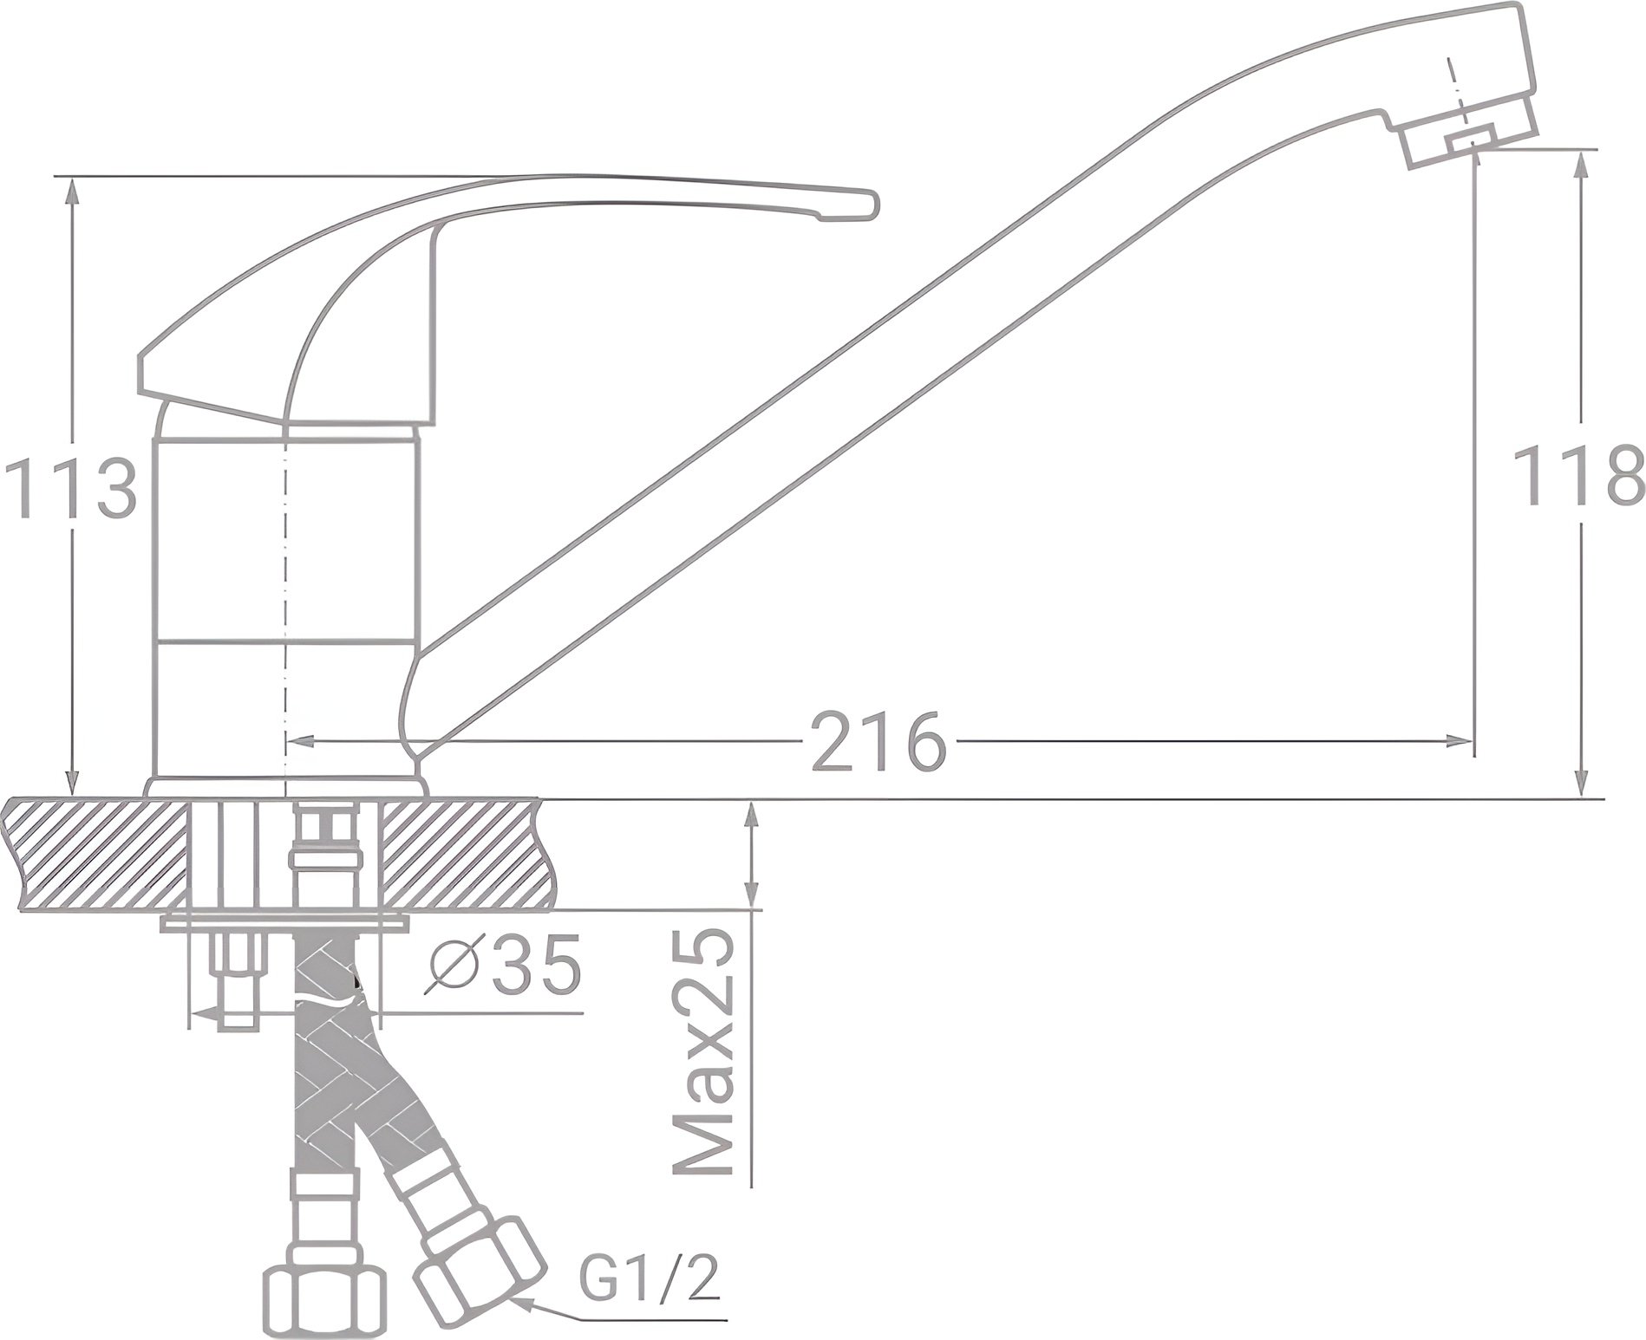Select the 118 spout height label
coord(1578,476)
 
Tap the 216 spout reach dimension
coord(877,743)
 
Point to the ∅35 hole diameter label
coord(504,966)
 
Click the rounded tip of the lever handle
coord(867,205)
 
